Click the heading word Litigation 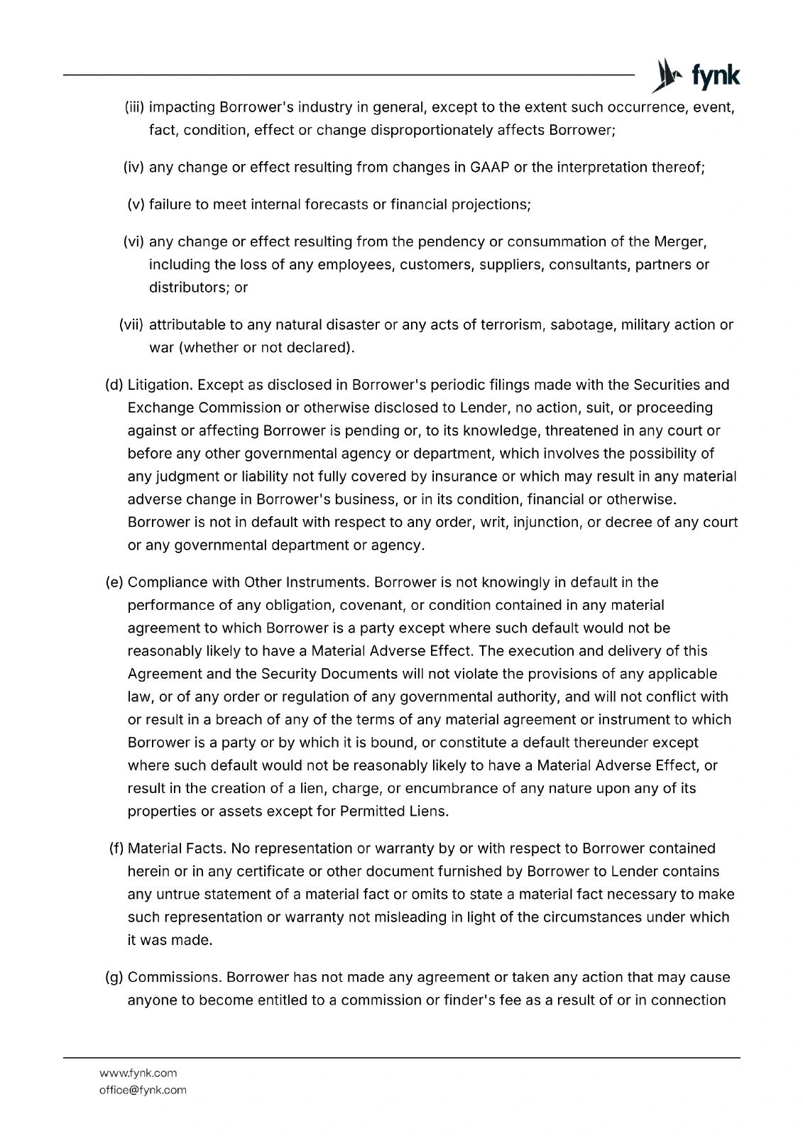click(160, 385)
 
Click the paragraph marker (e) click(114, 582)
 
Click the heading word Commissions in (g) click(175, 977)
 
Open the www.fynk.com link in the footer click(138, 1073)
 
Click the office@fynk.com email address click(143, 1090)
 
